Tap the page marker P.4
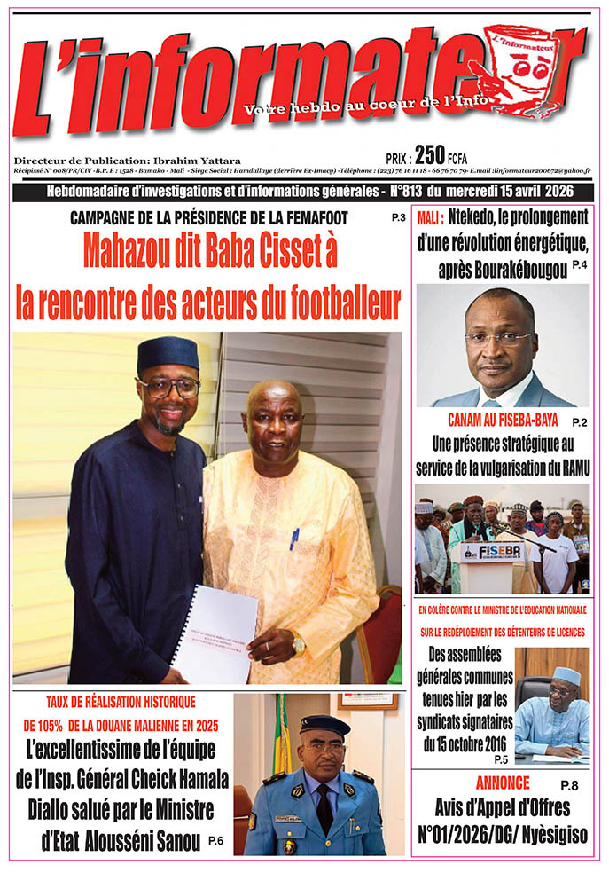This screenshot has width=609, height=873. (x=580, y=266)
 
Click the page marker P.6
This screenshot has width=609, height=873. (x=215, y=841)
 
